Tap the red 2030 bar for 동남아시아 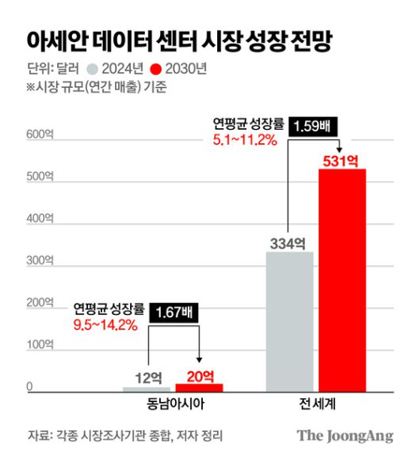(x=199, y=388)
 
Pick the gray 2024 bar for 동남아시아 (x=147, y=389)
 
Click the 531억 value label (x=342, y=161)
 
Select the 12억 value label (x=148, y=377)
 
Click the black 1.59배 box (x=317, y=126)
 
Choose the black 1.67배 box (x=175, y=313)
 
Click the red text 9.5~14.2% (x=106, y=324)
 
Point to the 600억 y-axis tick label (x=39, y=135)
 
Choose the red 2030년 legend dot (x=156, y=69)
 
